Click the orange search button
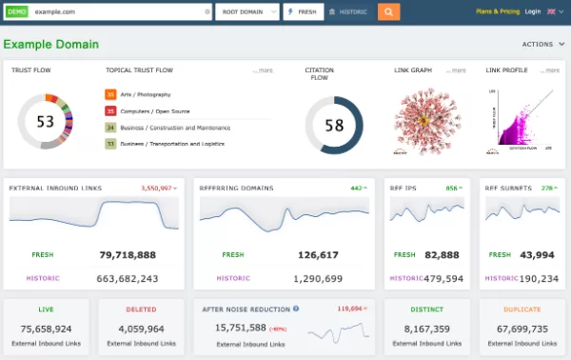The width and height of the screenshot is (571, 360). coord(388,12)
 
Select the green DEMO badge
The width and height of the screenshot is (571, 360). coord(16,12)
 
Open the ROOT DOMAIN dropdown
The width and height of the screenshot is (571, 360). coord(246,12)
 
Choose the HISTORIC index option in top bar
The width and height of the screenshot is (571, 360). coord(350,12)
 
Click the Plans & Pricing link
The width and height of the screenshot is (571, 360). coord(497,12)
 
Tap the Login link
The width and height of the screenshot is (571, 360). coord(532,12)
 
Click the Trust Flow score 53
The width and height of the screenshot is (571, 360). coord(45,122)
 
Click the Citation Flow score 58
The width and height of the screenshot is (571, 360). coord(333,125)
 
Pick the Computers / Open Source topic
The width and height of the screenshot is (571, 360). coord(154,110)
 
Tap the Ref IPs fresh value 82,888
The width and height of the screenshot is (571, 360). coord(443,255)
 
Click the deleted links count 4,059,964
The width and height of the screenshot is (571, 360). coord(142,329)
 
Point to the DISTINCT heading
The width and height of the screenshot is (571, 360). coord(426,309)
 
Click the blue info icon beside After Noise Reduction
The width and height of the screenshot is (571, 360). coord(296,309)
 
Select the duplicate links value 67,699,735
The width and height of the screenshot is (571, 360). coord(522,329)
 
